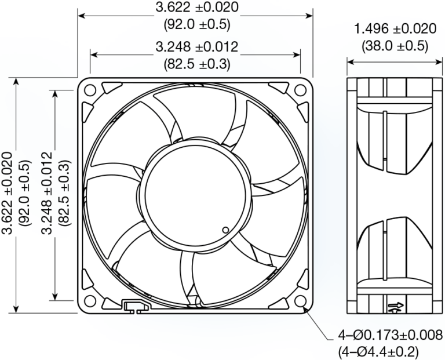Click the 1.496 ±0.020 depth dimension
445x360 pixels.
[x=395, y=29]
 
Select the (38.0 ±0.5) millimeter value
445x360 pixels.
[x=395, y=45]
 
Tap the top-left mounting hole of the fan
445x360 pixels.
[x=90, y=90]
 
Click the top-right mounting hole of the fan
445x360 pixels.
[x=300, y=90]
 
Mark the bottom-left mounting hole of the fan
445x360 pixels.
[x=90, y=301]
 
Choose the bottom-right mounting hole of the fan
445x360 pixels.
[x=300, y=301]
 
